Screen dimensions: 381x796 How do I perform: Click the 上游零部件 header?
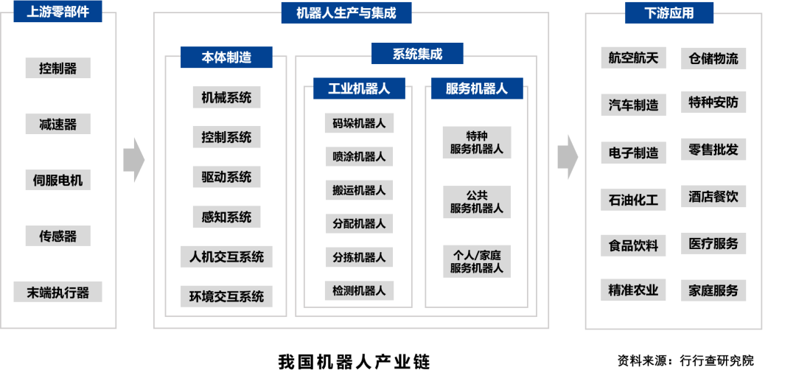point(57,12)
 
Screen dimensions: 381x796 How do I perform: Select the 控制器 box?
point(57,69)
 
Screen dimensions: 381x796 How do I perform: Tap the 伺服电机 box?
point(57,180)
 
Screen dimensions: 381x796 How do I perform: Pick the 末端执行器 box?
point(57,292)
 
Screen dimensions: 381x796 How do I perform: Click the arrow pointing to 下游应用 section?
point(567,157)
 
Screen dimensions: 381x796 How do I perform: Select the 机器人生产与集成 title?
point(346,13)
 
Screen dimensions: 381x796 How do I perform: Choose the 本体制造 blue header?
point(226,57)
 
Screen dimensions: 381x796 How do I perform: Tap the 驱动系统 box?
point(226,177)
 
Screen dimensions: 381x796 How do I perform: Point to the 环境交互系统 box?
point(226,296)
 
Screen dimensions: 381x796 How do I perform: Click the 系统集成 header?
point(417,53)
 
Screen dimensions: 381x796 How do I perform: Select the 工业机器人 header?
point(359,88)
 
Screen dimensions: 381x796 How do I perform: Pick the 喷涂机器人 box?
point(359,156)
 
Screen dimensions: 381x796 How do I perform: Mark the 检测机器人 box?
point(359,290)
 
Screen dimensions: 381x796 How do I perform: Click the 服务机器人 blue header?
point(477,88)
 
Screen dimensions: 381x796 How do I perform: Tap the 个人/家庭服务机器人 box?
point(477,261)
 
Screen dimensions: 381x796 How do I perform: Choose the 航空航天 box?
point(633,57)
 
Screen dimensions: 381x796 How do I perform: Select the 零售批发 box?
point(713,149)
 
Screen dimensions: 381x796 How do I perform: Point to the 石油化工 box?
point(633,199)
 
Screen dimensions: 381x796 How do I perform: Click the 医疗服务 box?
point(713,243)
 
